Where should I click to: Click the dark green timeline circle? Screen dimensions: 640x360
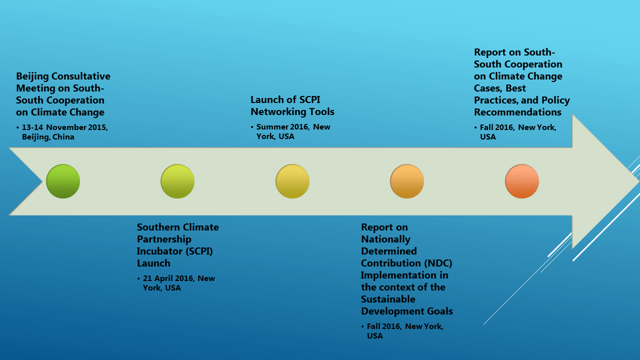pos(63,181)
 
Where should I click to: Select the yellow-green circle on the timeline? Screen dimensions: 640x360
pos(177,181)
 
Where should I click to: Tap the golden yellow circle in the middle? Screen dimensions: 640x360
pos(292,181)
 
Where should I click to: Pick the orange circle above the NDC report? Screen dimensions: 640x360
pos(407,181)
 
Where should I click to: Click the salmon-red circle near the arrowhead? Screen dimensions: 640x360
pos(521,181)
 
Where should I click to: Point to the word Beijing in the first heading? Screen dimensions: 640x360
pos(32,76)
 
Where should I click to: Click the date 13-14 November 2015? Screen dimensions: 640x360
pos(64,127)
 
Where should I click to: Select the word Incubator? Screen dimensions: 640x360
pos(159,251)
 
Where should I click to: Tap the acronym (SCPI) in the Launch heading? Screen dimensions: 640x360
pos(199,251)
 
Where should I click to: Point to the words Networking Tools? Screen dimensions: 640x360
pos(292,112)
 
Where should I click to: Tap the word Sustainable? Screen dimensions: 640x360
pos(388,299)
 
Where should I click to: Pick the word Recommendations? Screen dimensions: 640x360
pos(517,112)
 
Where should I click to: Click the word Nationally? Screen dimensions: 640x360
pos(385,239)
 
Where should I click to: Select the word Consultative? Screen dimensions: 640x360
pos(81,76)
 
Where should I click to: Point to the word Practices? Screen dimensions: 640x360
pos(495,100)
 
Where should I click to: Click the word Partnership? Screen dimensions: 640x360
pos(164,239)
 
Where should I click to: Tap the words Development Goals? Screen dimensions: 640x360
pos(407,311)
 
